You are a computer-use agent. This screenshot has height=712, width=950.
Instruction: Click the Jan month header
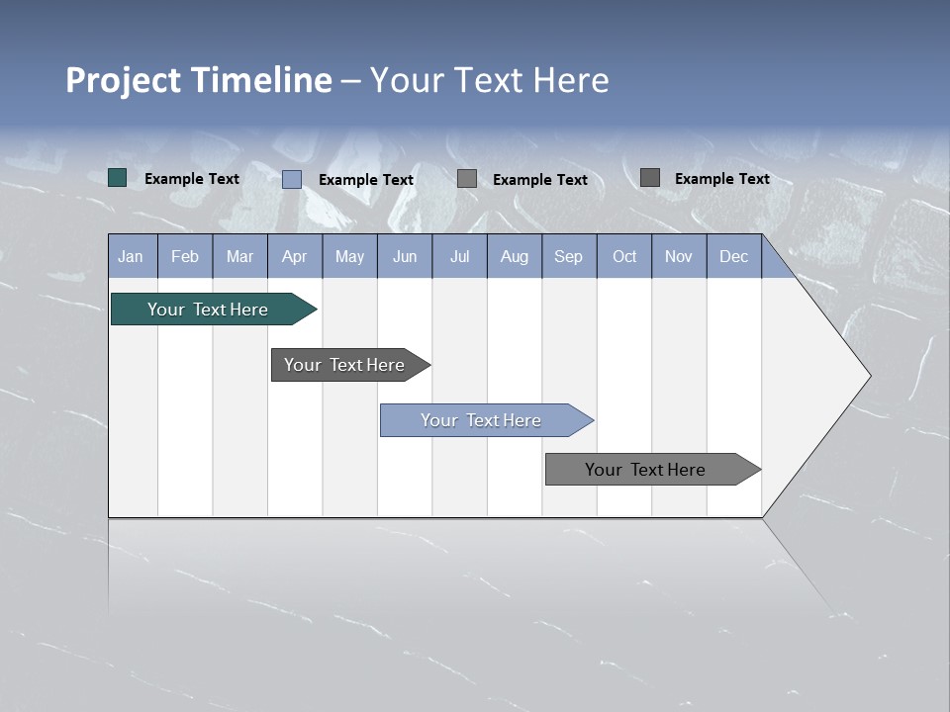pos(131,256)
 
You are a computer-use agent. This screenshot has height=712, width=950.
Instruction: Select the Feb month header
pos(185,256)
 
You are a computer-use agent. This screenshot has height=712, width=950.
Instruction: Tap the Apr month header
pos(295,256)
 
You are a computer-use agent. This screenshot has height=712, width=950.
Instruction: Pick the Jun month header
pos(405,256)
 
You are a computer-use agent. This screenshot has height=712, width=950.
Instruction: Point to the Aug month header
pos(515,256)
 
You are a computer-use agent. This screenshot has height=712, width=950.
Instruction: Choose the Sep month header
pos(569,256)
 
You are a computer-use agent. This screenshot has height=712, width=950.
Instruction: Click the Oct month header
pos(624,256)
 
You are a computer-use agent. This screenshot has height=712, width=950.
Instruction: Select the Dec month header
pos(734,256)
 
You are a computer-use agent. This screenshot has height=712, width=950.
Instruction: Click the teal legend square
pos(118,178)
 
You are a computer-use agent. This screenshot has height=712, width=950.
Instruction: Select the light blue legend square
pos(292,179)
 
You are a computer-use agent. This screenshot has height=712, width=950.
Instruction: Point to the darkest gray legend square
pos(650,178)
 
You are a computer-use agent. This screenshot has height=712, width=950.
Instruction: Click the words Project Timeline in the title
pos(199,80)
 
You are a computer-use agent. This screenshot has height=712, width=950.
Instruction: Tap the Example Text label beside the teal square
pos(192,179)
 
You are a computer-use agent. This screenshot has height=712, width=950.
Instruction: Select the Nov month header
pos(679,256)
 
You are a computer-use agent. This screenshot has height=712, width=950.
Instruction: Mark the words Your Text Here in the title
pos(490,80)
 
